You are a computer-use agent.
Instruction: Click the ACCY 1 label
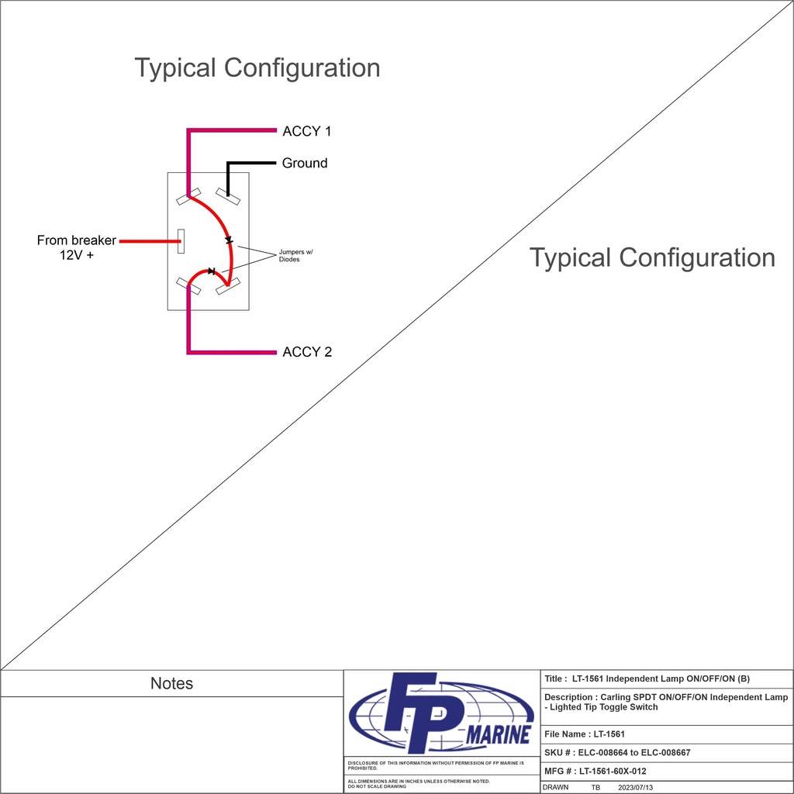[306, 132]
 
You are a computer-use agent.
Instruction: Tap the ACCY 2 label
[307, 352]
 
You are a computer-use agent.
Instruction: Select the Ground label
[305, 164]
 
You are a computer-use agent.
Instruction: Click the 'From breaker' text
[76, 240]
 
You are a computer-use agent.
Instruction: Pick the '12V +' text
[77, 255]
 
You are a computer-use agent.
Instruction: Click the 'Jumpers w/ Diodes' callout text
[295, 256]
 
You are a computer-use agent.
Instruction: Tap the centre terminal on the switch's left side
[181, 241]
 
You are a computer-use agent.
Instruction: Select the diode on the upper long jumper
[229, 240]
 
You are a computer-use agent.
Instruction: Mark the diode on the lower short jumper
[211, 271]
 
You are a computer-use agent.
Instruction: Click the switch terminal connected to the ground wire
[228, 195]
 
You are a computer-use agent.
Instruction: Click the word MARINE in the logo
[498, 735]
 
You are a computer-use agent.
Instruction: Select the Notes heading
[171, 684]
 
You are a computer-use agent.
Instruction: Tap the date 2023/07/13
[636, 787]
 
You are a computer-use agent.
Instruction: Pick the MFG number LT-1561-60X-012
[612, 772]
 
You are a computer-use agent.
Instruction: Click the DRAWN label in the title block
[555, 787]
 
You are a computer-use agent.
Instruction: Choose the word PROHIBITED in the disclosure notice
[363, 768]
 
